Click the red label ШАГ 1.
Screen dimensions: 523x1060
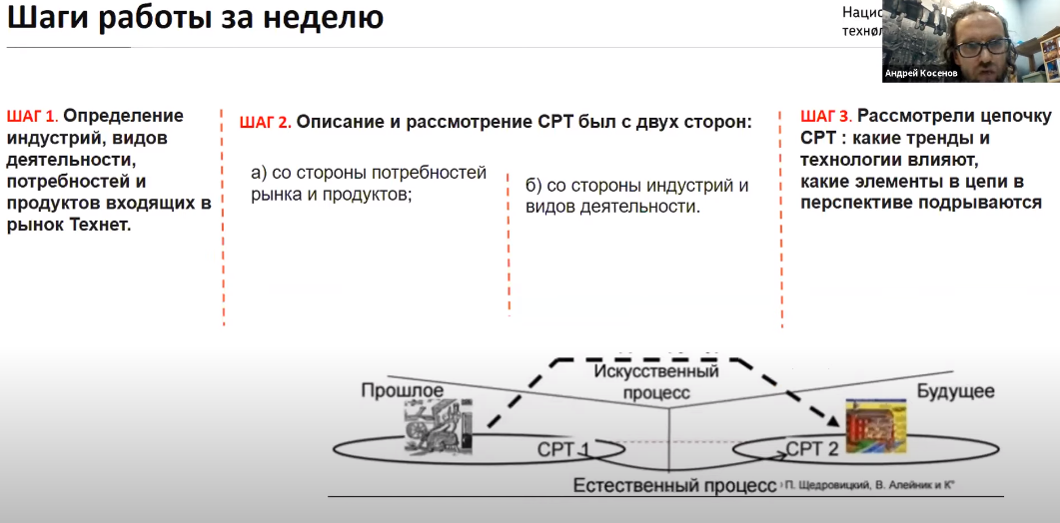coord(32,115)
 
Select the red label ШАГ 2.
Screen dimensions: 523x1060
coord(265,123)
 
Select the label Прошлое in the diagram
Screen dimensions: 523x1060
coord(402,389)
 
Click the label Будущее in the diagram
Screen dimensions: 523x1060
coord(956,390)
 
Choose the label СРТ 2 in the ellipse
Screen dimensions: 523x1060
coord(810,448)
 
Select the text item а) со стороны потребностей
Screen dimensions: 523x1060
coord(369,174)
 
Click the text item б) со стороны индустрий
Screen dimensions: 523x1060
coord(636,186)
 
